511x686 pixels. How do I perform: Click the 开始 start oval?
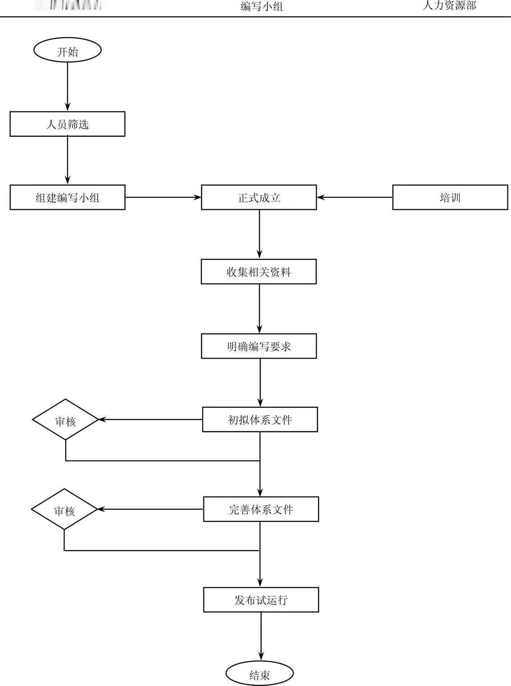(67, 50)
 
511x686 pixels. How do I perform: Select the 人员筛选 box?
(67, 124)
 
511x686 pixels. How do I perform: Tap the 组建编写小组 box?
(67, 198)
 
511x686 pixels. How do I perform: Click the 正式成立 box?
(259, 198)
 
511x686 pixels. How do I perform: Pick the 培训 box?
(450, 198)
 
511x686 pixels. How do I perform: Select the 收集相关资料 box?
(259, 272)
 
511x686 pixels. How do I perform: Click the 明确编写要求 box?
(259, 346)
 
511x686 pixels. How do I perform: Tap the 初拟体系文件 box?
(260, 419)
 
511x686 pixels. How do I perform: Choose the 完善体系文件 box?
(261, 509)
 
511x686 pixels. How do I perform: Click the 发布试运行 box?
(261, 600)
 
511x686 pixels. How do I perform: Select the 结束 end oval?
(260, 674)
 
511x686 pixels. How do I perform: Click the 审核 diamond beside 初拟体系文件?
(65, 420)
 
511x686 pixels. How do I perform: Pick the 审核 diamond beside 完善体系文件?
(64, 510)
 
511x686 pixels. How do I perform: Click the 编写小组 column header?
(262, 6)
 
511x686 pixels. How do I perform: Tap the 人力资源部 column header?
(449, 5)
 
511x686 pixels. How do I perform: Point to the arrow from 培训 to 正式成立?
(354, 198)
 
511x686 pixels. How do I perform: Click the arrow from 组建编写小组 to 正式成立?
(163, 198)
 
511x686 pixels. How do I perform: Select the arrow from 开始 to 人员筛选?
(68, 86)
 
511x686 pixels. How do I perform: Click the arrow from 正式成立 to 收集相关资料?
(259, 234)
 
